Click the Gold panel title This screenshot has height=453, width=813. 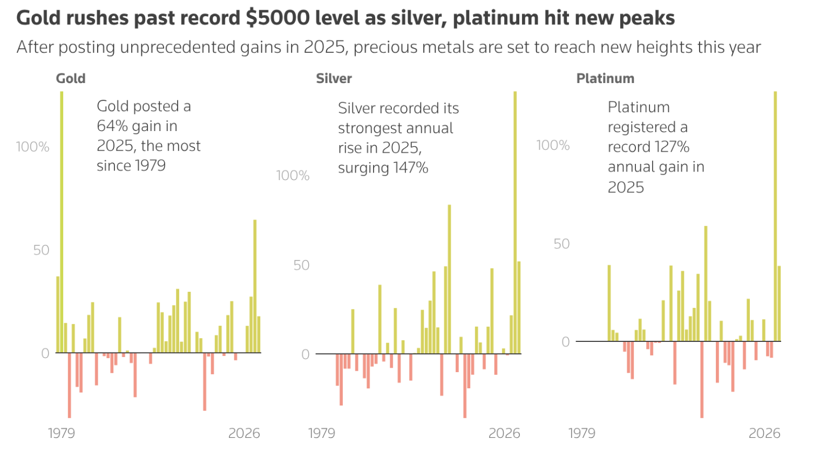pyautogui.click(x=71, y=79)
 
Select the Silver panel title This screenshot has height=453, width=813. pyautogui.click(x=334, y=79)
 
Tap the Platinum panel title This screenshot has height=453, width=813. pyautogui.click(x=605, y=79)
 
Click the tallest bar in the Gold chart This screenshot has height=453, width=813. pyautogui.click(x=62, y=221)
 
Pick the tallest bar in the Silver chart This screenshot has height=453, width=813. pyautogui.click(x=515, y=221)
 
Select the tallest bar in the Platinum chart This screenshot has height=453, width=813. pyautogui.click(x=775, y=216)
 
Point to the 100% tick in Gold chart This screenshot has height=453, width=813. pyautogui.click(x=32, y=147)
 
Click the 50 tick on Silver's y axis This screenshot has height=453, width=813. pyautogui.click(x=301, y=265)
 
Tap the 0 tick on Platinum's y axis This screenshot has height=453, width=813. pyautogui.click(x=565, y=342)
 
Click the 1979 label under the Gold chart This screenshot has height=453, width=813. pyautogui.click(x=61, y=433)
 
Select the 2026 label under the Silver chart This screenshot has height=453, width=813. pyautogui.click(x=504, y=433)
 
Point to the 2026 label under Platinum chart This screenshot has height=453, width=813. pyautogui.click(x=764, y=433)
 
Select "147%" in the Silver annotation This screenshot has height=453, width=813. pyautogui.click(x=410, y=168)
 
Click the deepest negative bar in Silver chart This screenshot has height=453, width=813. pyautogui.click(x=464, y=386)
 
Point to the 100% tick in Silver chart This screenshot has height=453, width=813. pyautogui.click(x=293, y=176)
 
